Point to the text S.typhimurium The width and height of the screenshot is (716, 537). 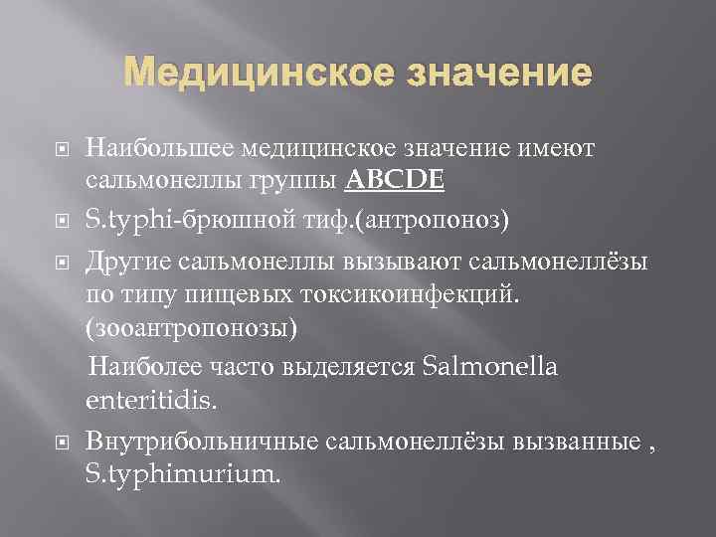(x=184, y=473)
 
